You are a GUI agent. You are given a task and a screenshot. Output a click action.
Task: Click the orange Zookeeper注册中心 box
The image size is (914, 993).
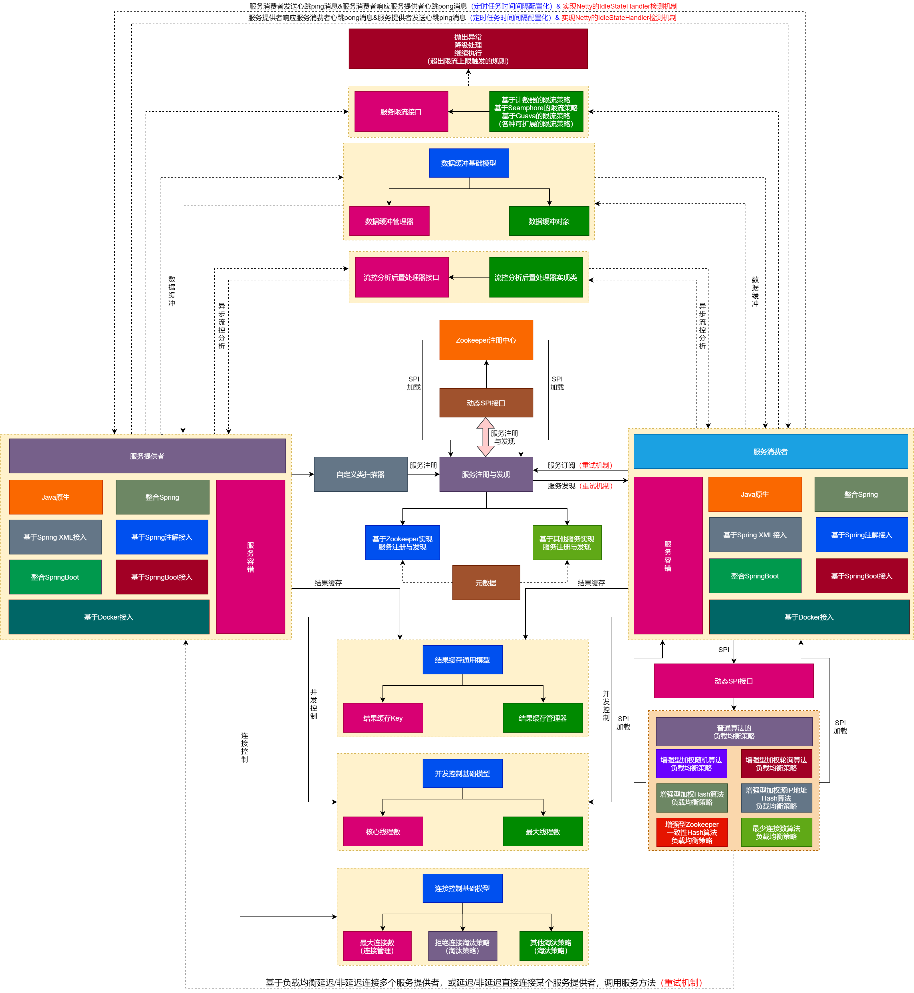(x=486, y=340)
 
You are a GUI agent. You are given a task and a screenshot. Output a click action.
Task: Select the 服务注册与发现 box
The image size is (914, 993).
(x=486, y=474)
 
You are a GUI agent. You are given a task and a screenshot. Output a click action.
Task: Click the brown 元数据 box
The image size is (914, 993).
(x=486, y=583)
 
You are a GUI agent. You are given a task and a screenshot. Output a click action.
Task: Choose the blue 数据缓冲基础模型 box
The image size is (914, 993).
(x=468, y=163)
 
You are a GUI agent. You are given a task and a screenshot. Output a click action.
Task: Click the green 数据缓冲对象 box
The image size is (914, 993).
(x=549, y=221)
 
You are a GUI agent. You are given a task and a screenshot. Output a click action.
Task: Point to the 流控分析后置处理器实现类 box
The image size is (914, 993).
(x=535, y=277)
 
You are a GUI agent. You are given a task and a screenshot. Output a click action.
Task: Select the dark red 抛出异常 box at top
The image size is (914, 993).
(x=468, y=49)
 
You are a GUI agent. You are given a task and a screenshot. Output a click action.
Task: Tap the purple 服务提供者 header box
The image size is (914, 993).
(x=147, y=456)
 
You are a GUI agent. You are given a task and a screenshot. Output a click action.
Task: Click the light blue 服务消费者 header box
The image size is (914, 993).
(x=770, y=451)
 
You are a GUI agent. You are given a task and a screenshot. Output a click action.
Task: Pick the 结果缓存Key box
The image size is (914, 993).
(x=383, y=718)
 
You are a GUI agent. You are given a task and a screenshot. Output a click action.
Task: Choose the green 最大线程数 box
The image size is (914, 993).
(x=543, y=832)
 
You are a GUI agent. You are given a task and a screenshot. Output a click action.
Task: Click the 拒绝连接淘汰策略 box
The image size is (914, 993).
(x=462, y=946)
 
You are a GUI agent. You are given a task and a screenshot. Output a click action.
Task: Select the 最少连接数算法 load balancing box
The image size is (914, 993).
(x=776, y=832)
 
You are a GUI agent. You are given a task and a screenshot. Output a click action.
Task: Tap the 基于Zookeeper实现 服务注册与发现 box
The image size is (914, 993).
(x=402, y=543)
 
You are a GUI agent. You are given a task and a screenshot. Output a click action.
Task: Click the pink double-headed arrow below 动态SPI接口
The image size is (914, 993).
(x=485, y=437)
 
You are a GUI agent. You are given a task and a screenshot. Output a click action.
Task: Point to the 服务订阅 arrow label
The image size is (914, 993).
(x=561, y=465)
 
